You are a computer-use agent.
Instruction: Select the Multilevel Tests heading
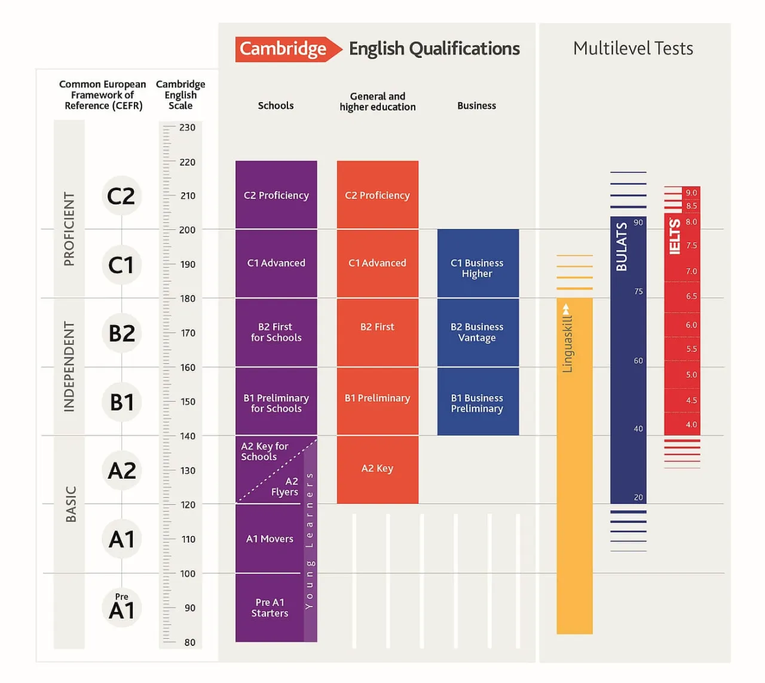633,48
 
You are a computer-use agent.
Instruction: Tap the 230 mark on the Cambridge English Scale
187,127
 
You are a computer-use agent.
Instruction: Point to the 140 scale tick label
188,436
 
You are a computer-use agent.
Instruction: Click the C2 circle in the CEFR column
121,196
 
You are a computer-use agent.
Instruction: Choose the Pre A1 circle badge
121,607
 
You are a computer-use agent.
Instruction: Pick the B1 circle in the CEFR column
121,402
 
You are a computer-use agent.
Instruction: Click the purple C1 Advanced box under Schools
276,263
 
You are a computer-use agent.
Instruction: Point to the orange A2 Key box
377,469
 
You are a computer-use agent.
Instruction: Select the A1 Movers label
270,539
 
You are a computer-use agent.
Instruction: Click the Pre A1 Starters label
270,608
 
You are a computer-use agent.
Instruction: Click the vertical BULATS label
622,247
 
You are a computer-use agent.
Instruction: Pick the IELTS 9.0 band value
691,192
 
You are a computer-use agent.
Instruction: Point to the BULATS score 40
638,428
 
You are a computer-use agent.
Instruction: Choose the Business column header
476,106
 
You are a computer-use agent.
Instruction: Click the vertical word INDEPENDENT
69,367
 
